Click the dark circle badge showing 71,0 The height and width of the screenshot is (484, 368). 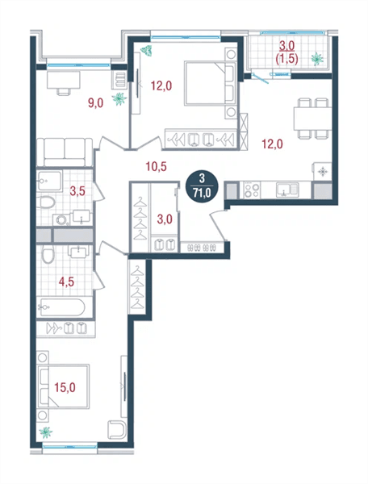point(202,186)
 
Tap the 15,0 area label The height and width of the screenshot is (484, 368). point(65,387)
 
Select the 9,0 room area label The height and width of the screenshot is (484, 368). point(96,103)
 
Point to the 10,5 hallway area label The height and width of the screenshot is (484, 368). point(157,167)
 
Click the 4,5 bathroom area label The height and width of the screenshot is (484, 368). point(67,282)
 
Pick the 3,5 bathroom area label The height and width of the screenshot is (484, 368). point(77,191)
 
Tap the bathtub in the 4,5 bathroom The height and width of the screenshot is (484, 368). point(61,307)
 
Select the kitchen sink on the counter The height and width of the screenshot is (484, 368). point(287,190)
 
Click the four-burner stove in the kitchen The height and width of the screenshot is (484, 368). point(252,190)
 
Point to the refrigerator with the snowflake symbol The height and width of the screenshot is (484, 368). point(323,172)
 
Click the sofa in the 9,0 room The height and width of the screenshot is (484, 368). point(65,152)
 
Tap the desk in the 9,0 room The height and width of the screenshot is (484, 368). point(64,81)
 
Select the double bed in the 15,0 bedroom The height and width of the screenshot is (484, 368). point(63,386)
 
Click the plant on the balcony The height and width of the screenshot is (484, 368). point(317,58)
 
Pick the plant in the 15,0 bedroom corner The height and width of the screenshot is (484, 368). point(46,432)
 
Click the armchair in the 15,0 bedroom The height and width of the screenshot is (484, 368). point(117,430)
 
